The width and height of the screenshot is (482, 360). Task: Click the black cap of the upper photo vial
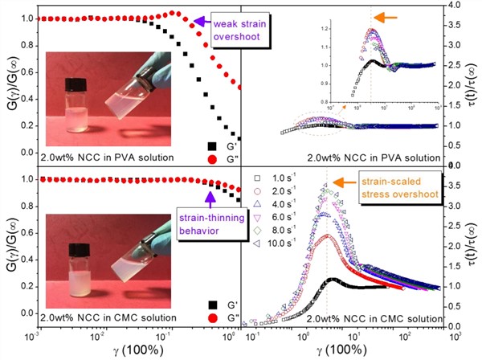(x=77, y=84)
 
